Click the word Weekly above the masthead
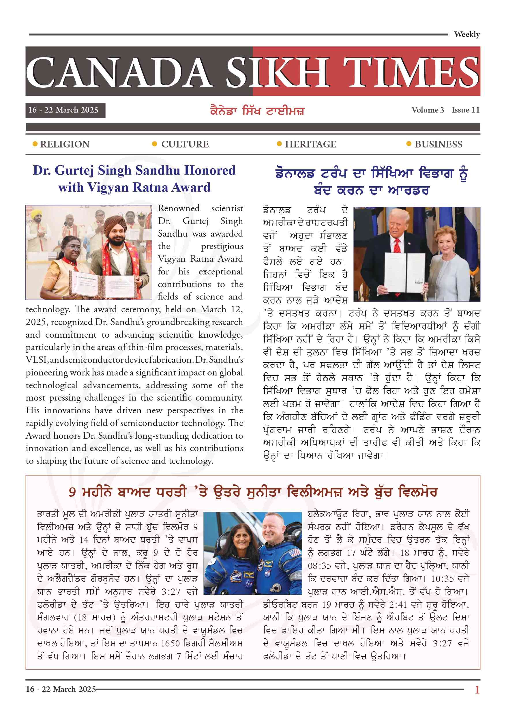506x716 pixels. pyautogui.click(x=466, y=34)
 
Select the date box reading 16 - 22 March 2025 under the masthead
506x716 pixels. pyautogui.click(x=65, y=110)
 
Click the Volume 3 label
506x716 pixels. pyautogui.click(x=428, y=110)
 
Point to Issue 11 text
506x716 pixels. pyautogui.click(x=466, y=110)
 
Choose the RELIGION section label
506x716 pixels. pyautogui.click(x=65, y=144)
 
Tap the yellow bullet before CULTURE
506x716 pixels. pyautogui.click(x=154, y=144)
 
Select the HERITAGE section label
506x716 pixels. pyautogui.click(x=310, y=144)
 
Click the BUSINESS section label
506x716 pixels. pyautogui.click(x=438, y=144)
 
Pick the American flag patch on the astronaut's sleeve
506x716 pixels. pyautogui.click(x=294, y=553)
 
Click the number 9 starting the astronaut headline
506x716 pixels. pyautogui.click(x=72, y=492)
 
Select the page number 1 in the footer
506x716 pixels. pyautogui.click(x=477, y=689)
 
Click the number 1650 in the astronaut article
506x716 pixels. pyautogui.click(x=170, y=643)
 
